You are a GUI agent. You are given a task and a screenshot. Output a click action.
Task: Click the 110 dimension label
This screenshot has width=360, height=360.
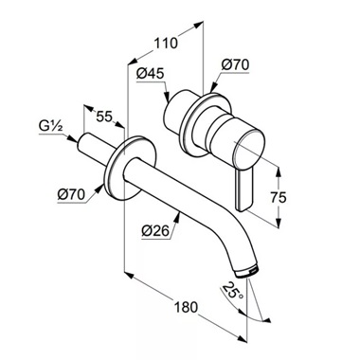point(166,43)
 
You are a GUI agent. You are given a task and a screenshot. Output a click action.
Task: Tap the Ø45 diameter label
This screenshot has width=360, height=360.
point(151,74)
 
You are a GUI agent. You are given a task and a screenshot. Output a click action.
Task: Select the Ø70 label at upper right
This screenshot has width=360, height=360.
point(235,65)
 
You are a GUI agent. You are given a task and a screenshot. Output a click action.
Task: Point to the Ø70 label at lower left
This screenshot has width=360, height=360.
point(71,194)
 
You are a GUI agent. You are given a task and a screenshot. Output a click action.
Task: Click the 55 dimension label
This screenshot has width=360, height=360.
point(104,117)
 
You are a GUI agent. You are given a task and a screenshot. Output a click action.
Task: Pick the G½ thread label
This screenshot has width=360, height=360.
point(51,126)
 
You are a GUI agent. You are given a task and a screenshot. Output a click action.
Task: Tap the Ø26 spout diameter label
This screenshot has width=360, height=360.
point(155,231)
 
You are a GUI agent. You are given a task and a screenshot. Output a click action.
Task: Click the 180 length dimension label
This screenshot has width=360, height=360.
point(186,307)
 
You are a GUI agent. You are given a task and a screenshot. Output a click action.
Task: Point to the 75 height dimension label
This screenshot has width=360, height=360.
point(279,198)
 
